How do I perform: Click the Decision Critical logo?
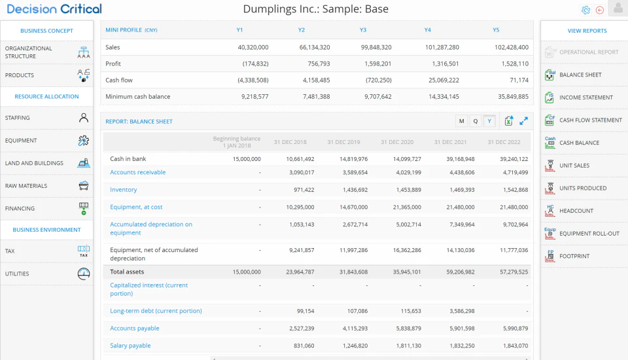(x=54, y=9)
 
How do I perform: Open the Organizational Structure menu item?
(x=28, y=52)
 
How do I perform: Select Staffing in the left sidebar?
(x=17, y=118)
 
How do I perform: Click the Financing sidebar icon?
(x=84, y=208)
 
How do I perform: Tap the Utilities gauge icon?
(x=84, y=274)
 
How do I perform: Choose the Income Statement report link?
(x=586, y=98)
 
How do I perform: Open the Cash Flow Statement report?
(x=590, y=120)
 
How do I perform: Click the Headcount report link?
(x=576, y=211)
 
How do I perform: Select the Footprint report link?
(x=574, y=256)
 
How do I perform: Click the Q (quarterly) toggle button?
(x=476, y=121)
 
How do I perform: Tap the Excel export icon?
(x=509, y=120)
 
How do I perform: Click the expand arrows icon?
(x=523, y=120)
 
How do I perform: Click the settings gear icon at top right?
(x=585, y=10)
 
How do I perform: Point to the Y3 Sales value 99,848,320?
(x=376, y=47)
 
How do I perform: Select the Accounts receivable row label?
(x=138, y=172)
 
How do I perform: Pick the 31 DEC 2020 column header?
(x=397, y=142)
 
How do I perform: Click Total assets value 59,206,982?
(x=460, y=272)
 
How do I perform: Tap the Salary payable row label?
(x=130, y=346)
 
